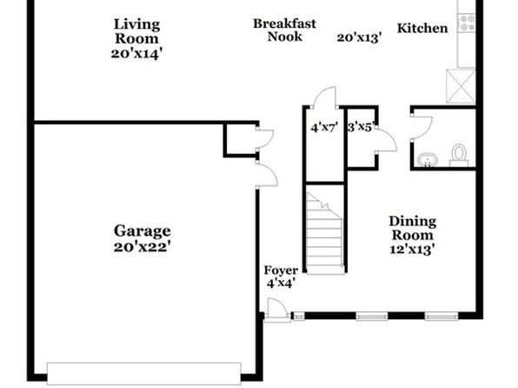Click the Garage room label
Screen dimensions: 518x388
pos(142,231)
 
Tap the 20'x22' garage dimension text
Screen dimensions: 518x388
pos(142,247)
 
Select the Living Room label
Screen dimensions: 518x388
pos(136,31)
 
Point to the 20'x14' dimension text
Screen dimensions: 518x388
pos(136,54)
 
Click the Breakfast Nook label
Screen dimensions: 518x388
pos(284,30)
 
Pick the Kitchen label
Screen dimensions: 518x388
pos(422,28)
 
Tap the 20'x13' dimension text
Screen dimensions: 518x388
pos(360,37)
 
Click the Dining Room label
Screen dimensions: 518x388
pos(412,228)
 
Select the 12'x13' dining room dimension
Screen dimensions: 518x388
pos(412,249)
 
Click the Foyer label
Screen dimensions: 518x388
pos(281,271)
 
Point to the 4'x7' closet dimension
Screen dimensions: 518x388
pos(324,127)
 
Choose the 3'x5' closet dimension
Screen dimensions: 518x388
pos(362,127)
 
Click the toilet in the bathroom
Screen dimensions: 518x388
pos(459,155)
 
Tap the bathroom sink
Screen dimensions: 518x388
pos(427,160)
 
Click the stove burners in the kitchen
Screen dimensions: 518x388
pos(467,23)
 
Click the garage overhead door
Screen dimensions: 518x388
pos(144,374)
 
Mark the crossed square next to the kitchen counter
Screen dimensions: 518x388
pos(461,86)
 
